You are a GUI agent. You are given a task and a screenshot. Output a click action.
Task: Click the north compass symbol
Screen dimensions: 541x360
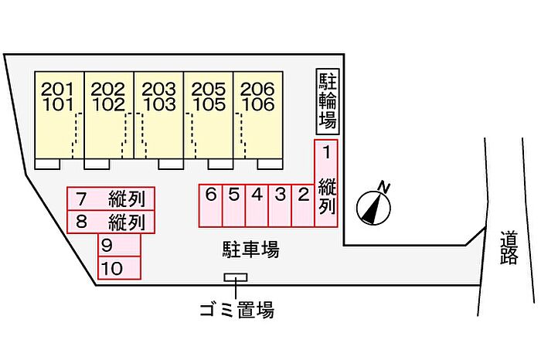pyautogui.click(x=373, y=207)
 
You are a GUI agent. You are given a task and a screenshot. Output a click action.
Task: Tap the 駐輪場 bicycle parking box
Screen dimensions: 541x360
pyautogui.click(x=328, y=101)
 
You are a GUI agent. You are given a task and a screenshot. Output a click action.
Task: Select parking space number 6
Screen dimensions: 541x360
pyautogui.click(x=211, y=205)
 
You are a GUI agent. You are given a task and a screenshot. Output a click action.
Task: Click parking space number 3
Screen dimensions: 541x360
pyautogui.click(x=280, y=205)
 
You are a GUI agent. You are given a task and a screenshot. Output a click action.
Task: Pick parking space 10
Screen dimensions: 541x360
pyautogui.click(x=119, y=268)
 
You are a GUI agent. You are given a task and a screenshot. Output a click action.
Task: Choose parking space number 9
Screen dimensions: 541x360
pyautogui.click(x=119, y=245)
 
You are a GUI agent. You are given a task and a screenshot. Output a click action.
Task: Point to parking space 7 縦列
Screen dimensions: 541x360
pyautogui.click(x=111, y=199)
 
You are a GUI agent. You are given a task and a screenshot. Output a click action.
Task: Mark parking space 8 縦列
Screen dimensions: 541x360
pyautogui.click(x=111, y=222)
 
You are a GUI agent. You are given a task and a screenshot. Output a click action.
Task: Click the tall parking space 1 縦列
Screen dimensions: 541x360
pyautogui.click(x=326, y=183)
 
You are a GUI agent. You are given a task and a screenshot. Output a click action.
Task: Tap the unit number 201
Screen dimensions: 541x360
pyautogui.click(x=58, y=90)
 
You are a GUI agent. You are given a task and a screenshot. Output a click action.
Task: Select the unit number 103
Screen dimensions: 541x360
pyautogui.click(x=159, y=104)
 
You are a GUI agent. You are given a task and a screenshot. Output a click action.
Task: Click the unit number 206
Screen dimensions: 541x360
pyautogui.click(x=257, y=90)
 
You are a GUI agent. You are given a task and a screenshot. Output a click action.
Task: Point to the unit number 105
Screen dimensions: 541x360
pyautogui.click(x=209, y=104)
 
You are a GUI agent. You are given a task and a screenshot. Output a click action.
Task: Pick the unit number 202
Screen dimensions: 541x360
pyautogui.click(x=108, y=90)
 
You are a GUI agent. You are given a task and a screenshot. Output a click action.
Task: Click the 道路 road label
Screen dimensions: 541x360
pyautogui.click(x=509, y=247)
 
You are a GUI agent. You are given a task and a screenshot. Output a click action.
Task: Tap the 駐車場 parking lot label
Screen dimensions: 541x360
pyautogui.click(x=251, y=249)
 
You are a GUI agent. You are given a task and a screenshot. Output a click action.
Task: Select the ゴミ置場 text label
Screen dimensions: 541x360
pyautogui.click(x=237, y=309)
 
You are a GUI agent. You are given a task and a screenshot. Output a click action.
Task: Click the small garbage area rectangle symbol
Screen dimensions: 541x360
pyautogui.click(x=236, y=277)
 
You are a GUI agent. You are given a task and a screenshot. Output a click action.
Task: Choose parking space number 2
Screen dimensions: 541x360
pyautogui.click(x=303, y=205)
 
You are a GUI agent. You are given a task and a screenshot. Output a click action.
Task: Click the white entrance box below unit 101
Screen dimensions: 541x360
pyautogui.click(x=48, y=164)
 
